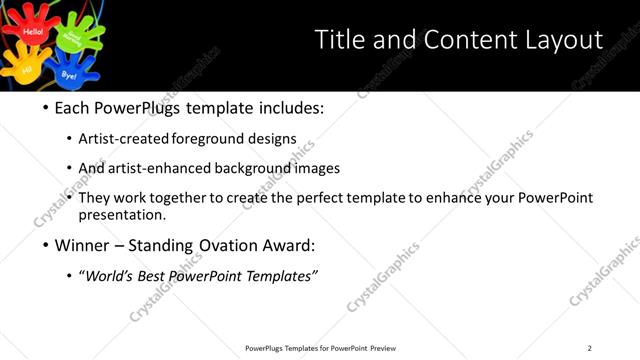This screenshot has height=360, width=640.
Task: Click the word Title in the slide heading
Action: tap(338, 40)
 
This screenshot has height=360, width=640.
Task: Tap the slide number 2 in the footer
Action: tap(590, 348)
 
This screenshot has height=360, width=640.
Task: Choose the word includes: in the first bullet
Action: tap(289, 107)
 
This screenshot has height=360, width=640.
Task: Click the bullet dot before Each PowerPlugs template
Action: tap(45, 108)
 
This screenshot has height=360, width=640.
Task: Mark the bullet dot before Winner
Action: tap(45, 244)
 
